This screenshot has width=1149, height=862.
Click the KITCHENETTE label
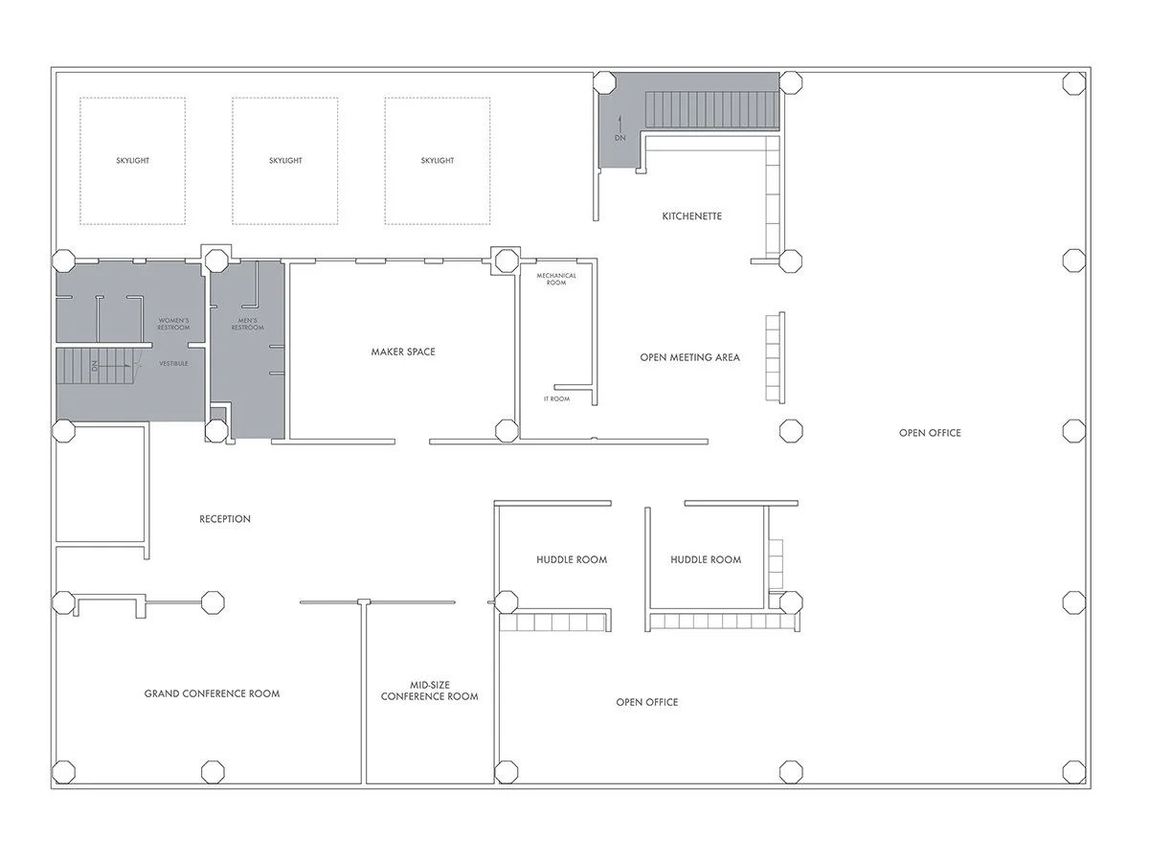pyautogui.click(x=691, y=216)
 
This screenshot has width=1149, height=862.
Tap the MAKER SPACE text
pyautogui.click(x=403, y=352)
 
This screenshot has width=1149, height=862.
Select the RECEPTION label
pyautogui.click(x=225, y=519)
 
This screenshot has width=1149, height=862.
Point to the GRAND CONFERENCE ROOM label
pyautogui.click(x=212, y=693)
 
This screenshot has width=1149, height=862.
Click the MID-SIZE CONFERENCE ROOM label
pyautogui.click(x=429, y=691)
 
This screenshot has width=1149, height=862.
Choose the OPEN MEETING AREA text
pyautogui.click(x=689, y=358)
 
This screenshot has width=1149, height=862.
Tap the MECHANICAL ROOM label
pyautogui.click(x=556, y=280)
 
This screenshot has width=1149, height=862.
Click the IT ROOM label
pyautogui.click(x=556, y=398)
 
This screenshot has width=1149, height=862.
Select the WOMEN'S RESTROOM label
pyautogui.click(x=173, y=324)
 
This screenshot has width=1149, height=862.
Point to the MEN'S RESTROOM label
pyautogui.click(x=246, y=324)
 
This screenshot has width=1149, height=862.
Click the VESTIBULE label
pyautogui.click(x=172, y=364)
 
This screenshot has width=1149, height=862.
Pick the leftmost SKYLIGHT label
pyautogui.click(x=132, y=161)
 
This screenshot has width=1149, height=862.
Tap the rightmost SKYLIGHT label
pyautogui.click(x=437, y=161)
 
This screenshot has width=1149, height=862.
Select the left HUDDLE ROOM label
pyautogui.click(x=572, y=560)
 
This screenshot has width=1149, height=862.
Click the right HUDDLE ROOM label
pyautogui.click(x=706, y=560)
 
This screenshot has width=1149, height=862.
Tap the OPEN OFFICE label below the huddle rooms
pyautogui.click(x=647, y=703)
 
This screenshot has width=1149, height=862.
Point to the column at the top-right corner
pyautogui.click(x=1074, y=83)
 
